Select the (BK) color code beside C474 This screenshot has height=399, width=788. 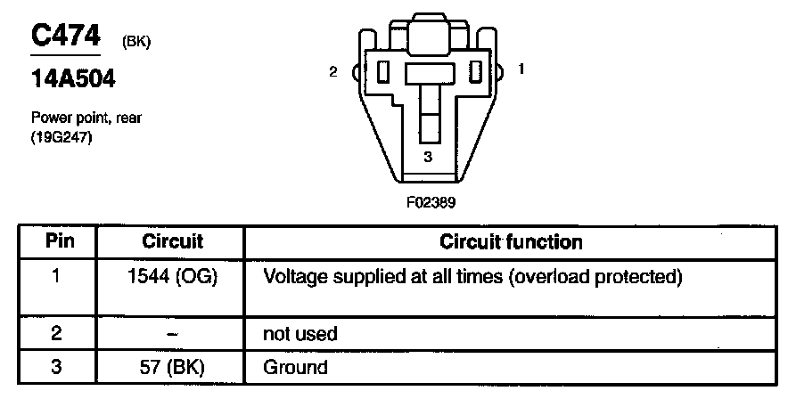(134, 42)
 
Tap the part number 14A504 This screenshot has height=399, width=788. (74, 81)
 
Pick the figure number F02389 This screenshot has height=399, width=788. (430, 201)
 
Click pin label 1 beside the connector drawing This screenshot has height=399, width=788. (521, 68)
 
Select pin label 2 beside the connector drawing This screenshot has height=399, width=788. (332, 71)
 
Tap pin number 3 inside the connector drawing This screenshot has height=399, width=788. (428, 158)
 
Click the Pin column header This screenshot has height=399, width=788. (57, 241)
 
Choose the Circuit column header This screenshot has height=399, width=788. (173, 241)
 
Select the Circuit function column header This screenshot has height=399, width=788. (512, 241)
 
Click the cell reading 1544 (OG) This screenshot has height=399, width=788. (173, 277)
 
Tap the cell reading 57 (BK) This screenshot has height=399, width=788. (173, 367)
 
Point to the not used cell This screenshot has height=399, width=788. (300, 334)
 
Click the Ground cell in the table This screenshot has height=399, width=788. (295, 367)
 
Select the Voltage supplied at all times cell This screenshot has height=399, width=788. (472, 277)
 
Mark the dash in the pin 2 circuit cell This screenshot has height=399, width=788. (173, 334)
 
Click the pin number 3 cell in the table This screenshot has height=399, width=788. (56, 367)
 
